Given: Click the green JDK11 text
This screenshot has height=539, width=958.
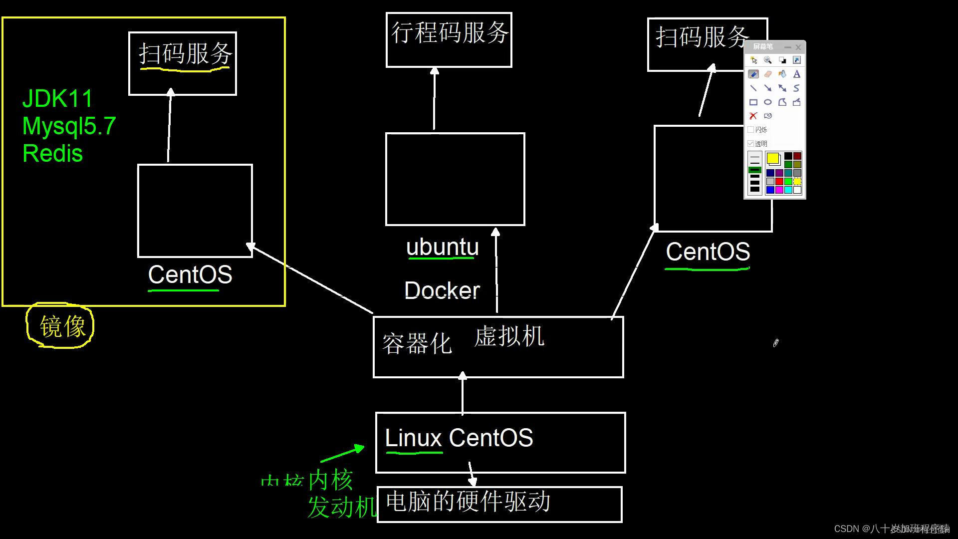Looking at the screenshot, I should tap(57, 99).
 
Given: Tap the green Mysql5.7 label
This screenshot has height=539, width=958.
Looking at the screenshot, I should tap(69, 126).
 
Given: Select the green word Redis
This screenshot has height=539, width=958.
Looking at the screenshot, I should tap(52, 153).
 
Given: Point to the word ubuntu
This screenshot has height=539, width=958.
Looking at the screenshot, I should tap(442, 247).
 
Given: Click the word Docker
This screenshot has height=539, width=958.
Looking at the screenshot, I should tap(442, 290).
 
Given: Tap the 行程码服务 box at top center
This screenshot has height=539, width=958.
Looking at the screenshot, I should tap(449, 39).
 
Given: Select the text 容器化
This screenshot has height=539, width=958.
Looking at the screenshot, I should tap(417, 344).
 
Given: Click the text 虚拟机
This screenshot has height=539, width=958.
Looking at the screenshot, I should tap(509, 336).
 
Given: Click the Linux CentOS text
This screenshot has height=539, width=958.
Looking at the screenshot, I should tap(459, 438).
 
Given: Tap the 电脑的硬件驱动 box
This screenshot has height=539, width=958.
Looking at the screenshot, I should tap(499, 504).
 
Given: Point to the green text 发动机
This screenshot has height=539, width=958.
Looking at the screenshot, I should tap(342, 508).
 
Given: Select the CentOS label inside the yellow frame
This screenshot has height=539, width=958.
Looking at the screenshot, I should tap(190, 274).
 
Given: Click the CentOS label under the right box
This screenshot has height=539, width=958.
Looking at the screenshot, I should tap(708, 252).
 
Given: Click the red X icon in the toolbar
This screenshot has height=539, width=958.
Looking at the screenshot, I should tap(753, 116).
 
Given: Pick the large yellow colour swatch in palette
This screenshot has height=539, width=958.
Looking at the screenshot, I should tap(773, 159).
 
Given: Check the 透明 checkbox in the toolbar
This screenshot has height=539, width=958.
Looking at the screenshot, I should tap(751, 144).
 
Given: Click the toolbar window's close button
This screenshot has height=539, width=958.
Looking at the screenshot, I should tap(798, 47).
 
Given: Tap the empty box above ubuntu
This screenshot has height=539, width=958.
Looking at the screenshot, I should tap(455, 179).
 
